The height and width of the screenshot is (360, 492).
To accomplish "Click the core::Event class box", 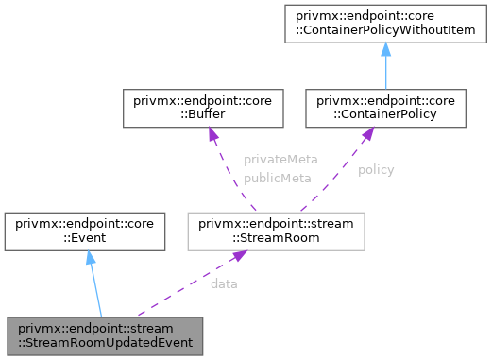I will pos(87,231).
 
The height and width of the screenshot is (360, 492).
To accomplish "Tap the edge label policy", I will pos(376,169).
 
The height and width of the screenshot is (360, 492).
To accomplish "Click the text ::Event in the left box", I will pos(87,238).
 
